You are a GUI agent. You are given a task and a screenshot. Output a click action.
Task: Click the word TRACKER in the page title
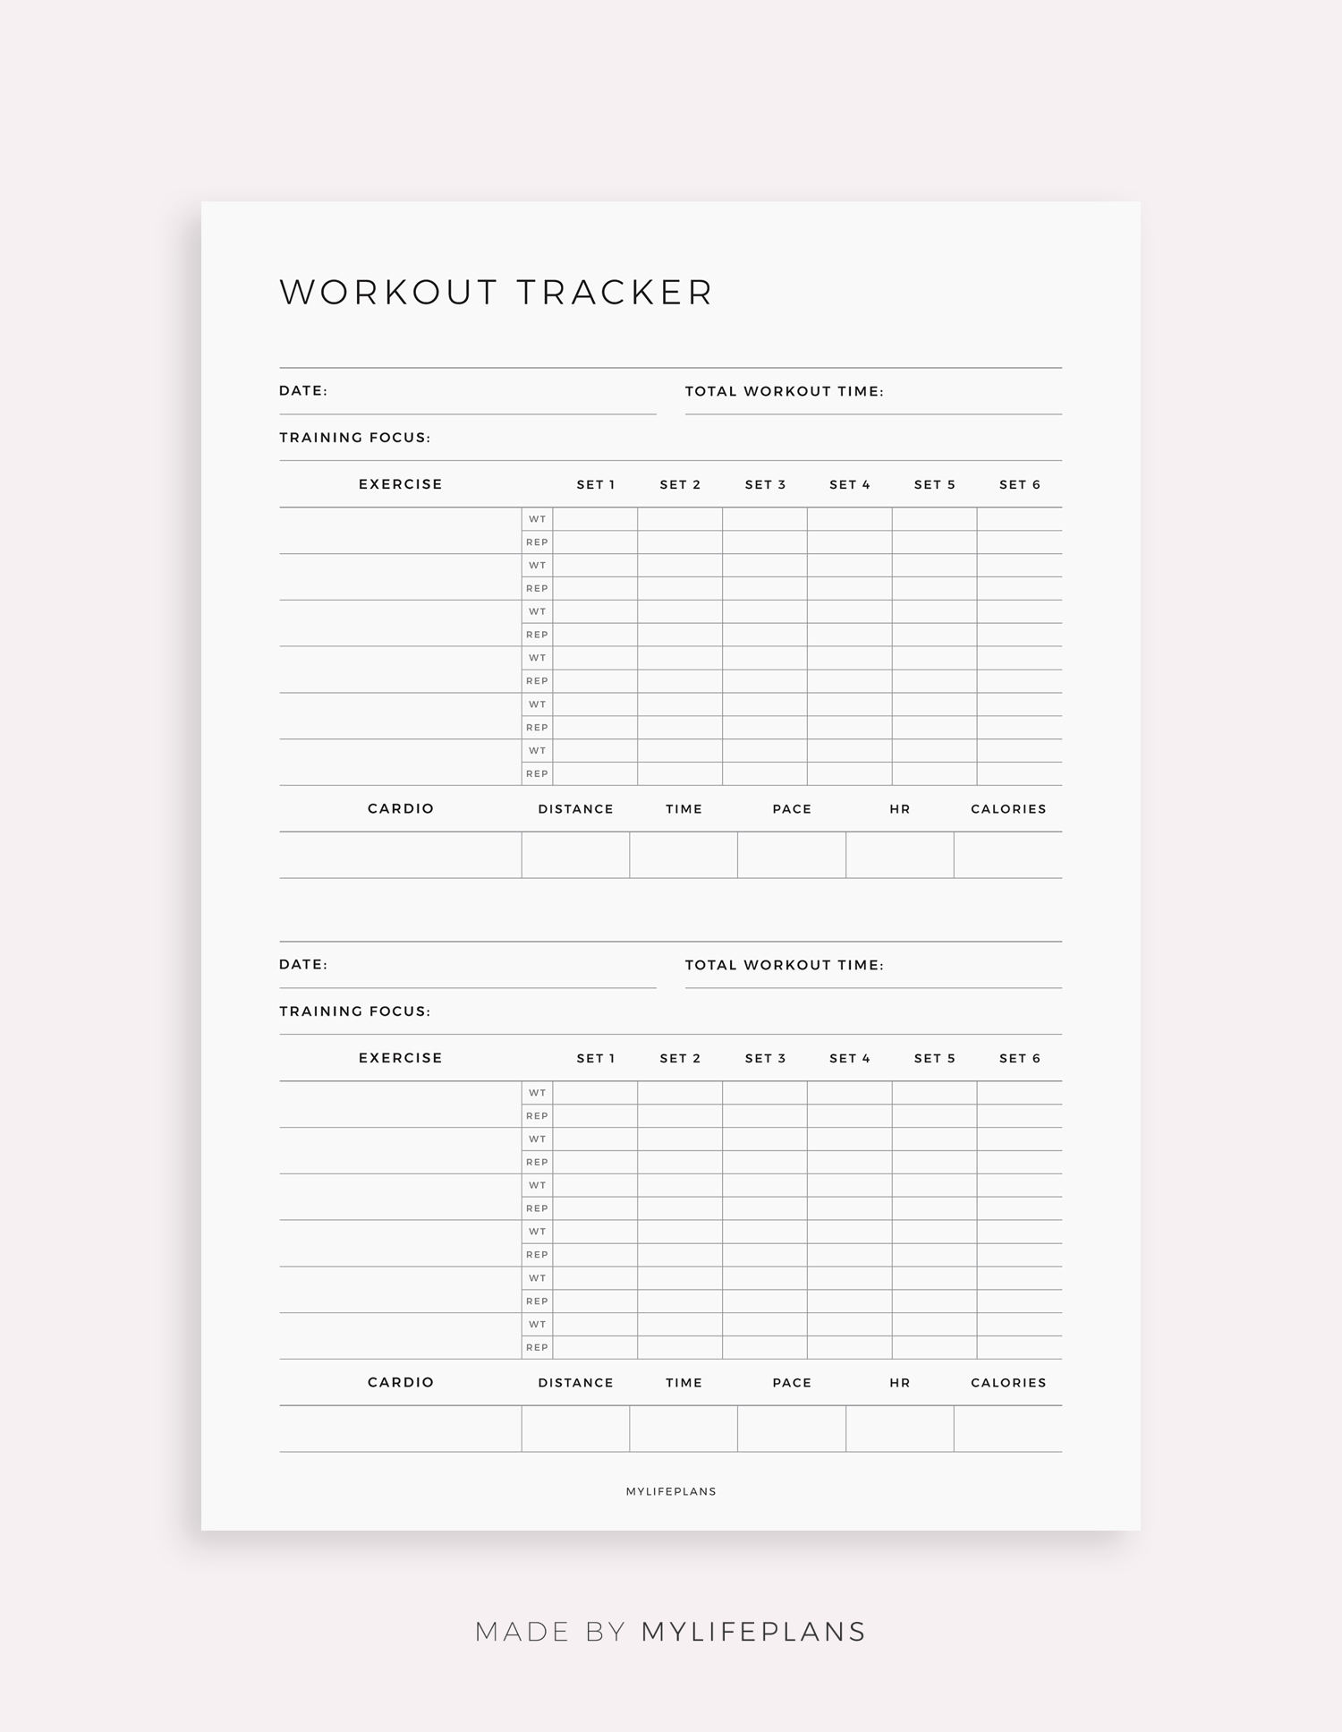(x=615, y=293)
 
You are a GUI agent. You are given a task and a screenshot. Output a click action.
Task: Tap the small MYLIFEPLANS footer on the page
(x=671, y=1491)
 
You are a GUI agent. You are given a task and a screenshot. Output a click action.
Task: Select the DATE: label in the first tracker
(x=303, y=391)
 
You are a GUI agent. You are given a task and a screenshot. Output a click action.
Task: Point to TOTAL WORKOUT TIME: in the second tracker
(x=784, y=965)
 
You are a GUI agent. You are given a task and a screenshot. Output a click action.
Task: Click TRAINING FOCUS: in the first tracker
(x=355, y=438)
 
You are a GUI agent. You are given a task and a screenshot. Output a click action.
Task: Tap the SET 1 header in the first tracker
(x=596, y=485)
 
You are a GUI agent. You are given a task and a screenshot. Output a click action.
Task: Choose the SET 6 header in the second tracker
(x=1020, y=1059)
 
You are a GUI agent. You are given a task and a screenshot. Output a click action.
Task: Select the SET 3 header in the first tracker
(x=765, y=485)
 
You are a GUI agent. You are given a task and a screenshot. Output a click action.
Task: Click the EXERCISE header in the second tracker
(x=401, y=1058)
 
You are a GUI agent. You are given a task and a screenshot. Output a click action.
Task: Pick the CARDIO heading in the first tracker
(x=401, y=809)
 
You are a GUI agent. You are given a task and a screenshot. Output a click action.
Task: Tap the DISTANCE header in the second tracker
(x=575, y=1383)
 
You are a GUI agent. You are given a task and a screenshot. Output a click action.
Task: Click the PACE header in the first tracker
(x=792, y=809)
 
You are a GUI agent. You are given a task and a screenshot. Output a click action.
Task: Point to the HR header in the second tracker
(x=900, y=1383)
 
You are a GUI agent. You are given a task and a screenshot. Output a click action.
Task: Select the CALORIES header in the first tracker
(x=1008, y=809)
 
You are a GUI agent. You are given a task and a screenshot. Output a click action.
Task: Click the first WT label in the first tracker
(x=537, y=519)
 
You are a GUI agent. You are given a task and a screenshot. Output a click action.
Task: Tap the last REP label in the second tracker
(x=537, y=1347)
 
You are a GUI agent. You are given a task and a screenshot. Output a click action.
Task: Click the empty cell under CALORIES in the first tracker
(x=1008, y=855)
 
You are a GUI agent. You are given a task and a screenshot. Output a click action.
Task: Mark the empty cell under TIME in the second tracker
(x=684, y=1429)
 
